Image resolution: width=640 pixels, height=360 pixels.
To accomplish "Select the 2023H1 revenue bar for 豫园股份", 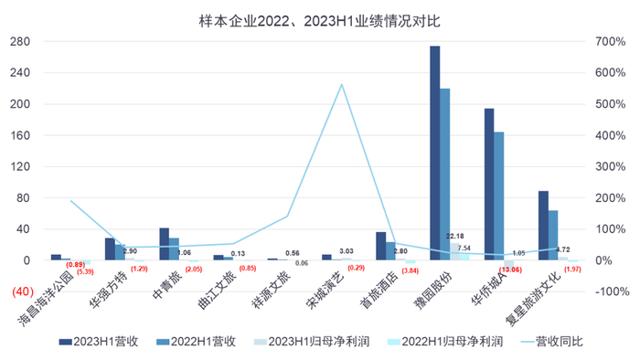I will pyautogui.click(x=435, y=153).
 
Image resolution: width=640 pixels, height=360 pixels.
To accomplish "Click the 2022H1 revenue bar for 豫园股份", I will pyautogui.click(x=445, y=174).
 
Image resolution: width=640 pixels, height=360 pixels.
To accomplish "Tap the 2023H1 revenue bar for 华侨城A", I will pyautogui.click(x=489, y=184).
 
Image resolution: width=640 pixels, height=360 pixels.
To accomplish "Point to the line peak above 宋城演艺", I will pyautogui.click(x=341, y=84).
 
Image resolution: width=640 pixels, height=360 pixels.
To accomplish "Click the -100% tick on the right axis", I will pyautogui.click(x=609, y=291).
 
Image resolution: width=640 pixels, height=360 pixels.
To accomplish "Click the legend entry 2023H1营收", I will pyautogui.click(x=101, y=341).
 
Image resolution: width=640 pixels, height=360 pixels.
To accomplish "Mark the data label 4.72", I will pyautogui.click(x=564, y=249).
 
